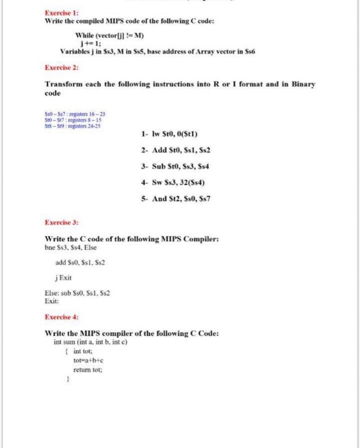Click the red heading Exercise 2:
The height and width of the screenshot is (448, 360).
pos(58,67)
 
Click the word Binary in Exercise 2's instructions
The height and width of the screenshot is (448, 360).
pos(299,84)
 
